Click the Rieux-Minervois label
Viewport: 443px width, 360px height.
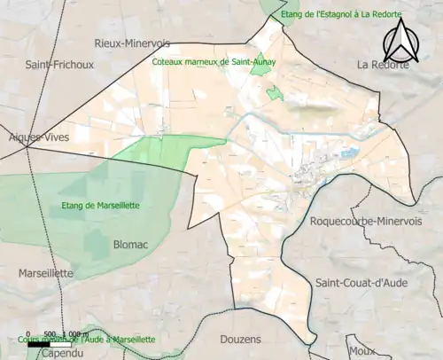[x=132, y=43]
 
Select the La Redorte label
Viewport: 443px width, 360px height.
[x=383, y=65]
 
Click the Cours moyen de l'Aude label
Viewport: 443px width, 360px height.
[x=87, y=340]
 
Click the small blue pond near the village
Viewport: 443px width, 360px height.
[x=346, y=153]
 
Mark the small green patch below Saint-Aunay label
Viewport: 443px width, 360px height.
[x=276, y=93]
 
